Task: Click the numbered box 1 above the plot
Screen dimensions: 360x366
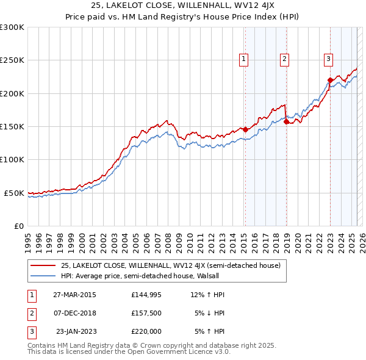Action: tap(243, 59)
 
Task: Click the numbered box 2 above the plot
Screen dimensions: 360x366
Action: tap(284, 59)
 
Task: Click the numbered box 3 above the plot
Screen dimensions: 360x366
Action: tap(328, 59)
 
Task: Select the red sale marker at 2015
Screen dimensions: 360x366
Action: tap(245, 129)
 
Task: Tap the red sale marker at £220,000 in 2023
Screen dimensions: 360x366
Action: tap(330, 80)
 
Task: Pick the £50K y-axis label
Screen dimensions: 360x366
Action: tap(14, 193)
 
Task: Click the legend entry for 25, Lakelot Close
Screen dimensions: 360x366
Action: tap(170, 265)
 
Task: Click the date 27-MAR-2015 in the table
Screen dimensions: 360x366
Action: tap(74, 295)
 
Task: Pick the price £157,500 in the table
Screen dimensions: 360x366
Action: tap(146, 313)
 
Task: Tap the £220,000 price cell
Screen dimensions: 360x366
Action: tap(146, 331)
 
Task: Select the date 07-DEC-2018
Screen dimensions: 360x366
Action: tap(74, 313)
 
